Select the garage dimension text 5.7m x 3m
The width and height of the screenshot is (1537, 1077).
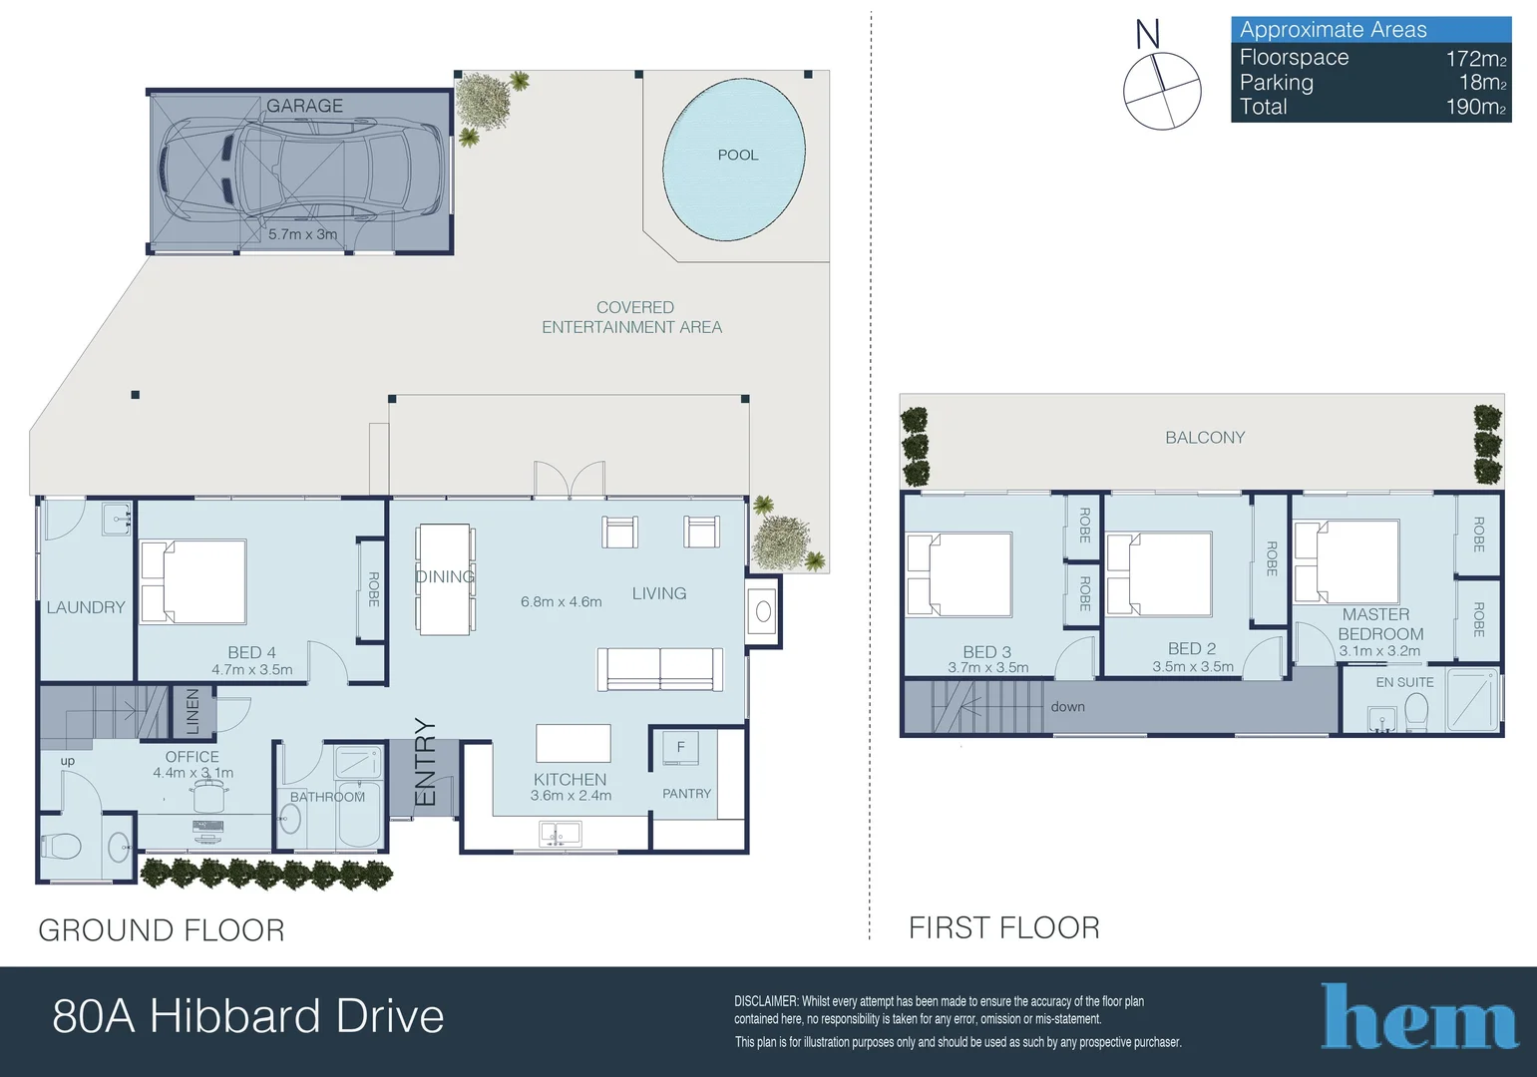(302, 234)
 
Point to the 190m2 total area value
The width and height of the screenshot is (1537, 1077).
(1475, 107)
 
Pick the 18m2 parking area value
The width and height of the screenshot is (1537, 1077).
(1482, 83)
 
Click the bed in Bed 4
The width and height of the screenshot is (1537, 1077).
(193, 581)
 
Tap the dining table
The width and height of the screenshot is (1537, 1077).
(445, 579)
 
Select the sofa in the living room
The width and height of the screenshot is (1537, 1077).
(659, 668)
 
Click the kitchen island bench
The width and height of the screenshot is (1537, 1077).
(573, 743)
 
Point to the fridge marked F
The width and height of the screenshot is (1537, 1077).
(680, 747)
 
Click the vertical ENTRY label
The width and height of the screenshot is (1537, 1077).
(426, 762)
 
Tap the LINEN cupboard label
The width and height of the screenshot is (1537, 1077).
(192, 711)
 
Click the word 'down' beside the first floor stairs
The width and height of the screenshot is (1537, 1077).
(1067, 706)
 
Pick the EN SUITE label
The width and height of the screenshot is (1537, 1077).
(1404, 682)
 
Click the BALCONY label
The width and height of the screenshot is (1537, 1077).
(1205, 437)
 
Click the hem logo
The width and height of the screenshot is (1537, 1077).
(1419, 1017)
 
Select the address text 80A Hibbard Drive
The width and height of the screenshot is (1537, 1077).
(248, 1016)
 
